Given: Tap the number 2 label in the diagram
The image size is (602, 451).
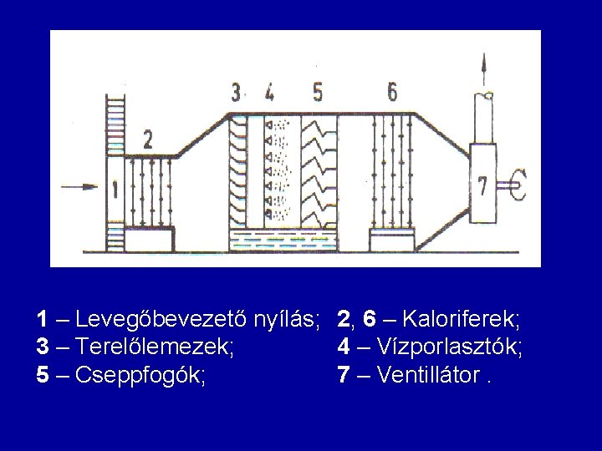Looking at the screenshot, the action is point(147,139).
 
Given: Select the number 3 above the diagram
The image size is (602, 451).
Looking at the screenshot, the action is point(236,91).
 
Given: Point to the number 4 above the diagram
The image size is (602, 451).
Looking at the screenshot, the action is point(270,91).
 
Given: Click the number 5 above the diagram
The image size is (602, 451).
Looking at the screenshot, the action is point(316,91).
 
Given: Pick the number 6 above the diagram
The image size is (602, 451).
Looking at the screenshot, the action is point(392,90).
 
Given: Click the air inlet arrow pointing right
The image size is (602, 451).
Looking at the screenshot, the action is point(85,187).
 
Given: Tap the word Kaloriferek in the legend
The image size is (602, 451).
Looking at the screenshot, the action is point(463,319).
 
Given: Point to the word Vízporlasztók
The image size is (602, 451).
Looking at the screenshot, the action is point(451,347).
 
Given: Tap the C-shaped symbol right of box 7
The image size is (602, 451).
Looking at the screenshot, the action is point(518,184).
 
